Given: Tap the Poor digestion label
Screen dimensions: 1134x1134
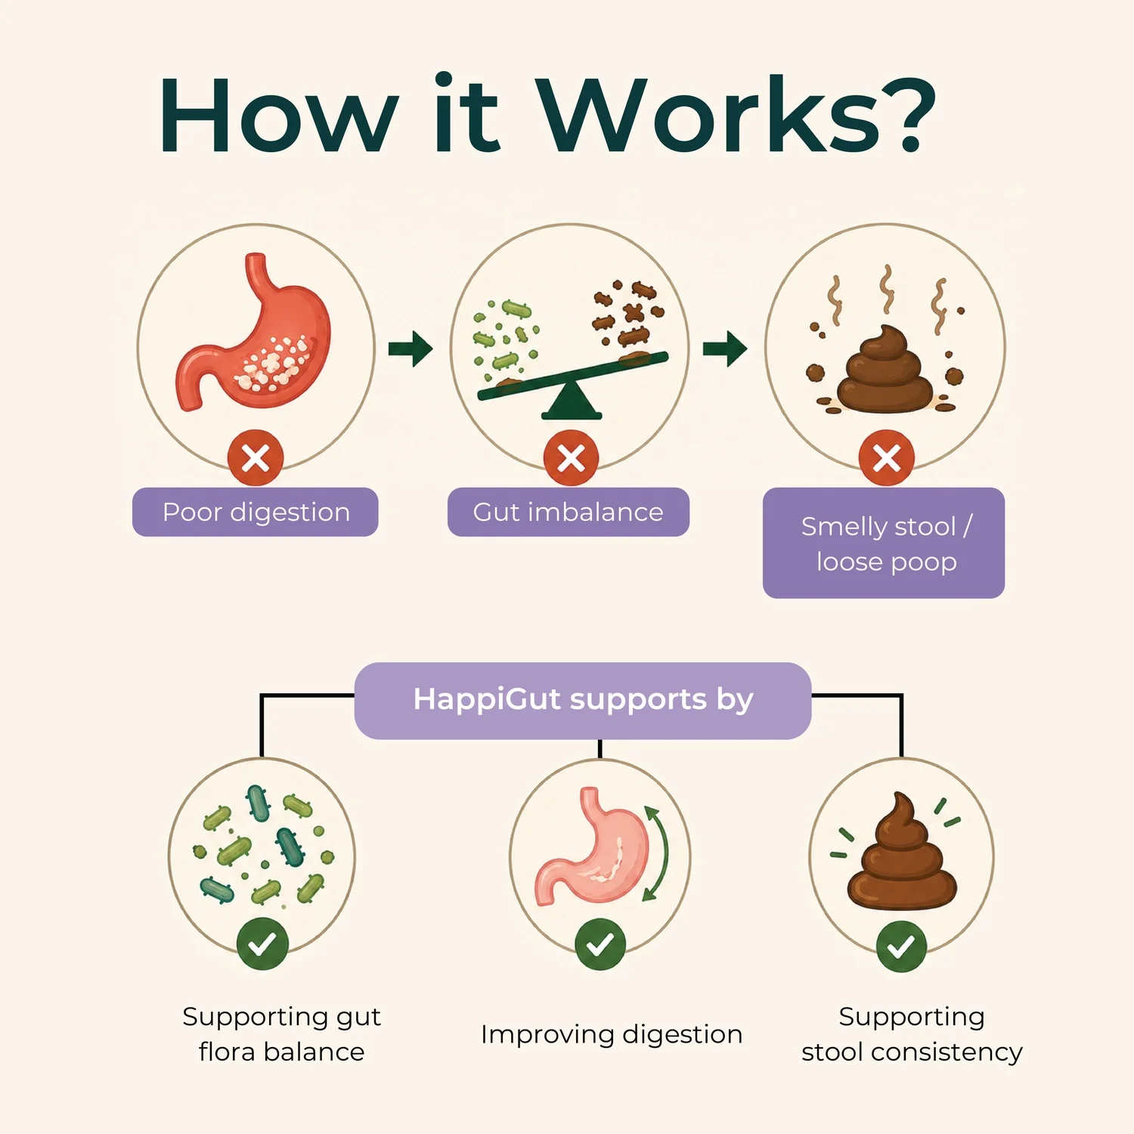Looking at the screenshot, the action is pyautogui.click(x=256, y=512).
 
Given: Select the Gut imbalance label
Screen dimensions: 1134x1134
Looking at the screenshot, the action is pyautogui.click(x=569, y=512).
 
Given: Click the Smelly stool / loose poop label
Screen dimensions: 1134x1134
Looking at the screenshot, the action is pyautogui.click(x=884, y=543).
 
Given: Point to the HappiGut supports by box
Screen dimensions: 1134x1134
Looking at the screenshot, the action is pyautogui.click(x=583, y=700).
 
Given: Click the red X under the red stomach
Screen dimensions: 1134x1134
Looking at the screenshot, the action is pyautogui.click(x=256, y=458).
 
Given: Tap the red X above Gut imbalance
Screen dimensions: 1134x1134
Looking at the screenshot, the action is pyautogui.click(x=572, y=458).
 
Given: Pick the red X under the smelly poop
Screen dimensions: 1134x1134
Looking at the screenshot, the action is pyautogui.click(x=887, y=458).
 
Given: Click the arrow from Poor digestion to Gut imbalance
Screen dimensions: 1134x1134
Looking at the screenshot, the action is pyautogui.click(x=411, y=349).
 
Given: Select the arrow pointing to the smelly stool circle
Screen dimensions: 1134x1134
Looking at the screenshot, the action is pyautogui.click(x=725, y=349).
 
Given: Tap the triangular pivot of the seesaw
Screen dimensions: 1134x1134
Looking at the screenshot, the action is pyautogui.click(x=572, y=401).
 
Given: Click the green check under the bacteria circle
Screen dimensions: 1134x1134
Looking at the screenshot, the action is pyautogui.click(x=262, y=944).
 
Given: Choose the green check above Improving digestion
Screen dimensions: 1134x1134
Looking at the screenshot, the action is pyautogui.click(x=600, y=944).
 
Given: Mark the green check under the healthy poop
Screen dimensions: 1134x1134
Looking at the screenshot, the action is pyautogui.click(x=901, y=947).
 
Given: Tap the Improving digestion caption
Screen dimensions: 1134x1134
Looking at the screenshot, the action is pyautogui.click(x=612, y=1034).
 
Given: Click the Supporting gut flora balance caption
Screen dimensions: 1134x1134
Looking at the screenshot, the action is pyautogui.click(x=281, y=1034).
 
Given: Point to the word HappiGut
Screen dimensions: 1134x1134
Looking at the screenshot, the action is pyautogui.click(x=488, y=699).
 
